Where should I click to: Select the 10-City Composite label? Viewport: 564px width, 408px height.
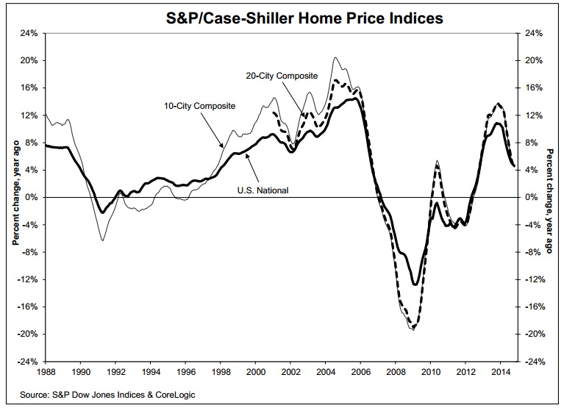click(199, 106)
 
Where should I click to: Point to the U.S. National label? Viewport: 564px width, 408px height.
click(263, 190)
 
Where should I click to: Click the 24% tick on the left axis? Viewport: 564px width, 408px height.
click(30, 33)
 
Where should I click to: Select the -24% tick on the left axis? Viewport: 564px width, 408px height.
click(29, 362)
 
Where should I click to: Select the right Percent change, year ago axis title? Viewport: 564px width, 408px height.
click(549, 198)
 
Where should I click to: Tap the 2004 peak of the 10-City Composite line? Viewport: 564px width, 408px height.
click(335, 57)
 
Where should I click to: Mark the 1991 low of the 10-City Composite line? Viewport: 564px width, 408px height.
click(102, 240)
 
